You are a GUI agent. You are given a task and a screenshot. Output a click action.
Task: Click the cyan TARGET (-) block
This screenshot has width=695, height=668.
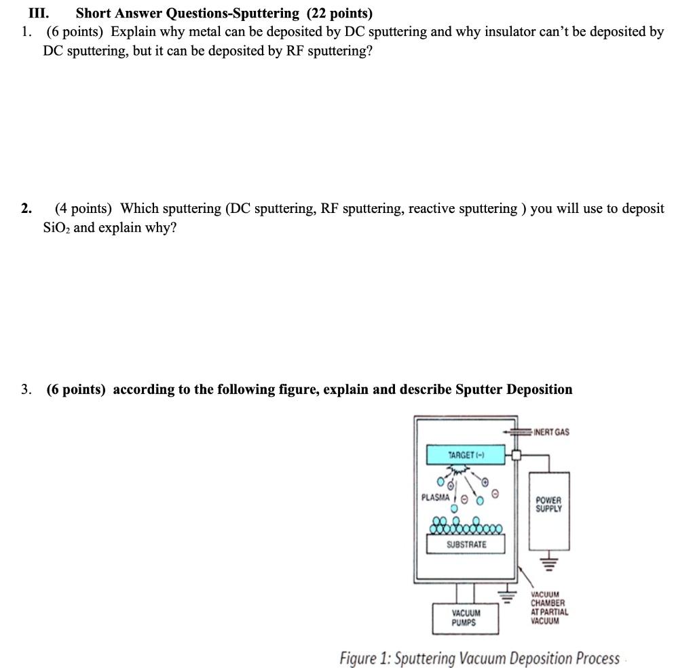coord(466,454)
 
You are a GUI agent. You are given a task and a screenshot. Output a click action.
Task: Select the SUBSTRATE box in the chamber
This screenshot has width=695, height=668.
coord(466,544)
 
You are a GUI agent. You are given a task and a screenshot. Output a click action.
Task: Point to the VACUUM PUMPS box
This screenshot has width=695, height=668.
coord(465,618)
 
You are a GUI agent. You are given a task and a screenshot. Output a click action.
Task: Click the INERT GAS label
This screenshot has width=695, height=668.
coord(552,432)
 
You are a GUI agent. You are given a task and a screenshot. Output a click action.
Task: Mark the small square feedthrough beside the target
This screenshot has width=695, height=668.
coord(516,455)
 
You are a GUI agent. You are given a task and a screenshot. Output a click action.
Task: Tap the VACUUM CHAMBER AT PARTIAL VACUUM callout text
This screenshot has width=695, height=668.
coord(550,607)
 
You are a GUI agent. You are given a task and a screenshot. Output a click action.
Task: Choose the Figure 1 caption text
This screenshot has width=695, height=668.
coord(479,658)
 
